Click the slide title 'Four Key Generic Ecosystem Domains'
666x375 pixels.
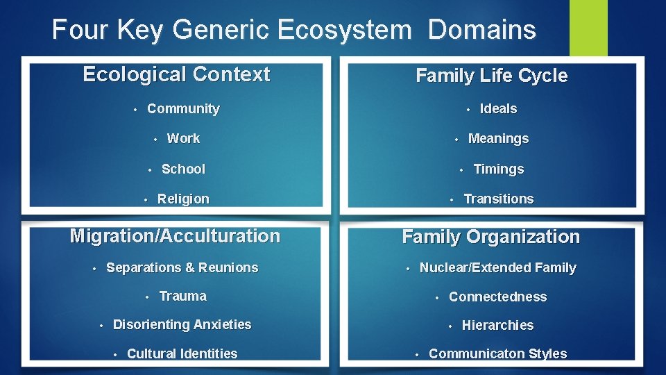293,30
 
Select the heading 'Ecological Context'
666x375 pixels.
176,74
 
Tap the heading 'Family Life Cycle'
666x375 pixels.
491,76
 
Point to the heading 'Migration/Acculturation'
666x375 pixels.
175,236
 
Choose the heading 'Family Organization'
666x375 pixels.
490,237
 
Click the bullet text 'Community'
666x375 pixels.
183,108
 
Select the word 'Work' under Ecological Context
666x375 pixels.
183,138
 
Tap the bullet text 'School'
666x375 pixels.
183,169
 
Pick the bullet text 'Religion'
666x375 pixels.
183,199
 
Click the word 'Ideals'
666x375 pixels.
498,108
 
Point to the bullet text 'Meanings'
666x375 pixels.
498,138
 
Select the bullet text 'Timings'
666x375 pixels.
498,169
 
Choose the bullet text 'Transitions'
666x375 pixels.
498,199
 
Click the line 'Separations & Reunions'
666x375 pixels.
182,267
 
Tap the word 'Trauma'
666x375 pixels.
182,296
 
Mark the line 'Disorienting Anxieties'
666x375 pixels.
182,324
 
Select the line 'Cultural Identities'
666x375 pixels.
182,353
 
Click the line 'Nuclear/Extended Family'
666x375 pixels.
497,267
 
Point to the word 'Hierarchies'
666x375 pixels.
497,325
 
